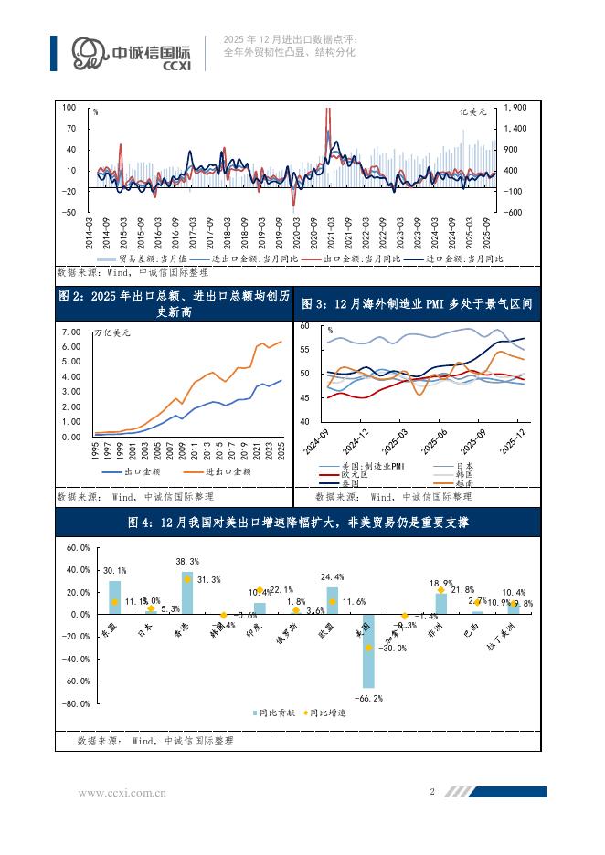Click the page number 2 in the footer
pos(431,792)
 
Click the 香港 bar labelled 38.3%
pos(186,593)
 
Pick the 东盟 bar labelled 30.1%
pos(114,597)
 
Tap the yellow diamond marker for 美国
pos(368,648)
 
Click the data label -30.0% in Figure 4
pos(395,649)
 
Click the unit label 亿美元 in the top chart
pos(475,111)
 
